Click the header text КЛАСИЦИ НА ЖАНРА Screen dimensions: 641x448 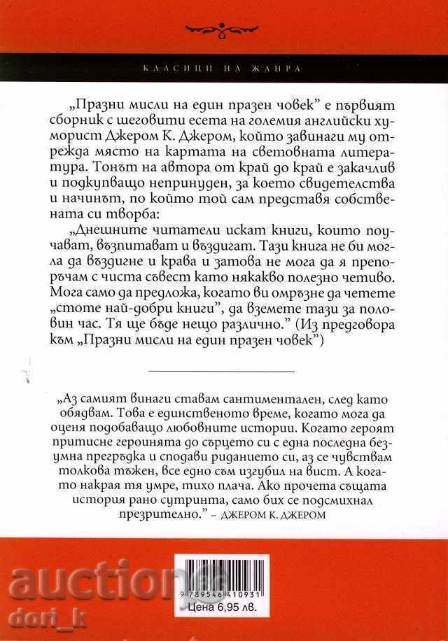pyautogui.click(x=224, y=69)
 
